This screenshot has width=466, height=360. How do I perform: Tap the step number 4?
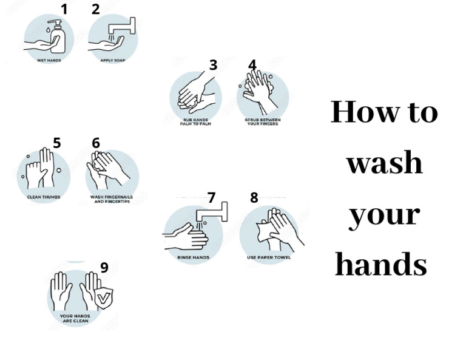tap(252, 65)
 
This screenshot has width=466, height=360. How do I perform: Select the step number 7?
tap(211, 198)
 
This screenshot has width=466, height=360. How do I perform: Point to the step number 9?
tap(104, 268)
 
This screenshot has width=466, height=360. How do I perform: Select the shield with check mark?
tap(105, 298)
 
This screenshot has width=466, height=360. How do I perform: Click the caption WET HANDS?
tap(49, 61)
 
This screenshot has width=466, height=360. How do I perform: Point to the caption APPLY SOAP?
tap(112, 61)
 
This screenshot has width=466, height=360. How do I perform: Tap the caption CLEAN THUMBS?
tap(42, 197)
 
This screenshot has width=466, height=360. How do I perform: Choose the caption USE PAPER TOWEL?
tap(269, 257)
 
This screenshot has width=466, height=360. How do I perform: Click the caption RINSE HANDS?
tap(193, 257)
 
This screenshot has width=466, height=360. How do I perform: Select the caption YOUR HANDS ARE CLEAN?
tap(75, 318)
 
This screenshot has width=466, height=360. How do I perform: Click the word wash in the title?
tap(384, 163)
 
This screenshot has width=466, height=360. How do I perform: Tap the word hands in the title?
tap(382, 265)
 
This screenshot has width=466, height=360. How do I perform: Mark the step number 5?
tap(56, 143)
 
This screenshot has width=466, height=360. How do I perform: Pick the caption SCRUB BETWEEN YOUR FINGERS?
tap(262, 121)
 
